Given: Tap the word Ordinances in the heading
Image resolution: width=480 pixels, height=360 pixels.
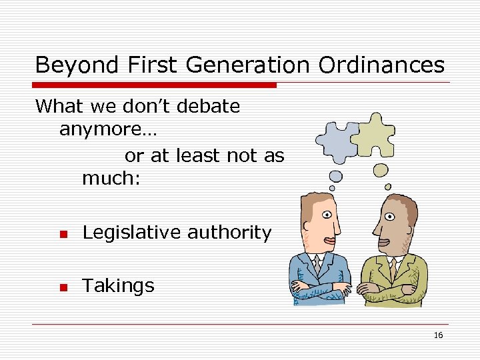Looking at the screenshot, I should coord(381,65).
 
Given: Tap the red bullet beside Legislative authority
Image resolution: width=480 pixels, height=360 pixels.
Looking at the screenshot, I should coord(63,234).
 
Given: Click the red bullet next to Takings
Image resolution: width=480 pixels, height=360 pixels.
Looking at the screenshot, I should coord(63,287).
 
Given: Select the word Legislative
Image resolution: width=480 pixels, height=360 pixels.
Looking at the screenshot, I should coord(131,233).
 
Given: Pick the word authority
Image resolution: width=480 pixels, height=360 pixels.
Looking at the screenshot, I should coord(229,233).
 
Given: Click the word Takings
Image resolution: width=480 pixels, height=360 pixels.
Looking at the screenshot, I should coord(118,287).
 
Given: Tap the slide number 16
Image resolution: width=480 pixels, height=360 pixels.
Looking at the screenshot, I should coord(438,335).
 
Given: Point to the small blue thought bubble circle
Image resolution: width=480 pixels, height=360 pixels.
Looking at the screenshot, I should coord(336,176).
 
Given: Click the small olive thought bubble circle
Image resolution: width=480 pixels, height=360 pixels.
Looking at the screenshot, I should coord(380,170).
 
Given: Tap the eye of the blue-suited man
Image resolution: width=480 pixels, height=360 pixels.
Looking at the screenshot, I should coord(327,215).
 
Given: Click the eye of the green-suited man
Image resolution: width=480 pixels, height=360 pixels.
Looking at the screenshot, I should coord(389,216).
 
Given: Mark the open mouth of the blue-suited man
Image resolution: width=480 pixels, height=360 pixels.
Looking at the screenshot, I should coord(326,241).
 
